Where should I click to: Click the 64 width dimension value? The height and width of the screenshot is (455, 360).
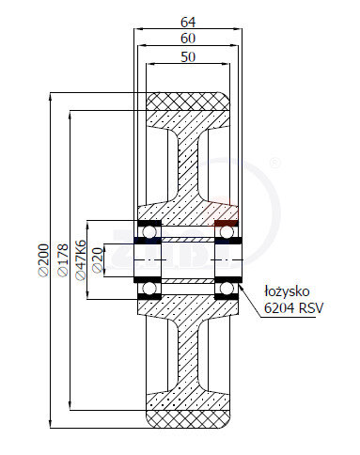(188, 22)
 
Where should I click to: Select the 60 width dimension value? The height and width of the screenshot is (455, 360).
(188, 39)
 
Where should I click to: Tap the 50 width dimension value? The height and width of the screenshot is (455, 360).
(188, 57)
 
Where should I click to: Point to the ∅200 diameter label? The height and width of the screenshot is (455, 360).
(44, 260)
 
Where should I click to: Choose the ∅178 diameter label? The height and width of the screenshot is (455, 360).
(63, 260)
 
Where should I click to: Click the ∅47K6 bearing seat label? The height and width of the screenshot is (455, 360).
(81, 260)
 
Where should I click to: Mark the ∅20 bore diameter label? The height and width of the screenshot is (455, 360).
(98, 260)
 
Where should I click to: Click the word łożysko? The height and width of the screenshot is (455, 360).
(287, 291)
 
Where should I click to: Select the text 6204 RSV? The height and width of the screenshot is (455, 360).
(293, 308)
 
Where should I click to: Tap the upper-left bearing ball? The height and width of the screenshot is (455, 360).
(149, 232)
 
